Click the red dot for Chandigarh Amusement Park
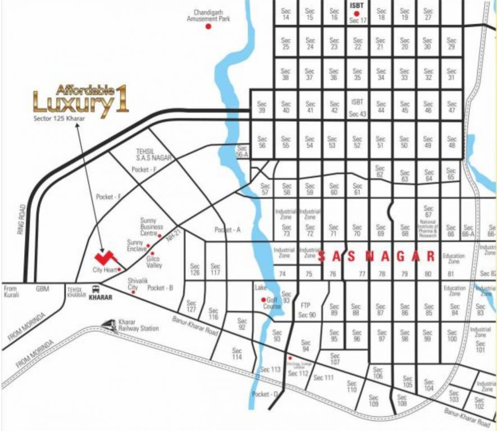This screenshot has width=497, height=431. (x=208, y=26)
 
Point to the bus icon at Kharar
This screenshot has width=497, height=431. (x=94, y=290)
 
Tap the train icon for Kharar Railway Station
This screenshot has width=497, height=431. (x=109, y=324)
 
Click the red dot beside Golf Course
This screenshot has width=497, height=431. (x=263, y=300)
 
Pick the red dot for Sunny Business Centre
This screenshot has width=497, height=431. (x=159, y=236)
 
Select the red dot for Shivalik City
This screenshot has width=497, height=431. (x=133, y=292)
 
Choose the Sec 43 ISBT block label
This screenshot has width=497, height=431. (x=358, y=107)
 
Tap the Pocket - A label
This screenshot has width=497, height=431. (x=227, y=230)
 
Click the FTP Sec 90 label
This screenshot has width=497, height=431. (x=307, y=309)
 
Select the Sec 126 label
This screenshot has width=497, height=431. (x=195, y=269)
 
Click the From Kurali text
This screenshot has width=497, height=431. (x=11, y=291)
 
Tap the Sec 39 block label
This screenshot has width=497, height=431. (x=261, y=107)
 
